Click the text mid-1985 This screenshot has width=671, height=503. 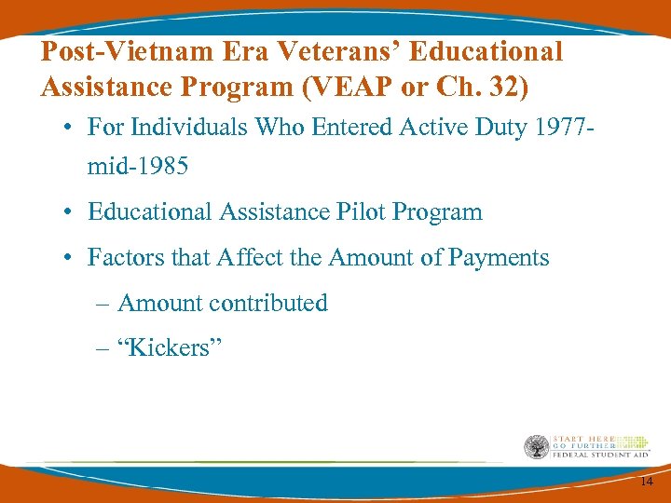[x=138, y=167]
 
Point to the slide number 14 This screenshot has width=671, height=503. [x=646, y=481]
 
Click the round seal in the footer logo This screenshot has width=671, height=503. [x=537, y=447]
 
